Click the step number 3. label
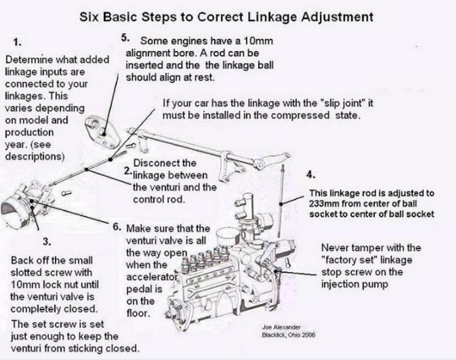tap(47, 242)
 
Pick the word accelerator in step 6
tap(152, 277)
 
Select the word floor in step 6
tap(138, 313)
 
